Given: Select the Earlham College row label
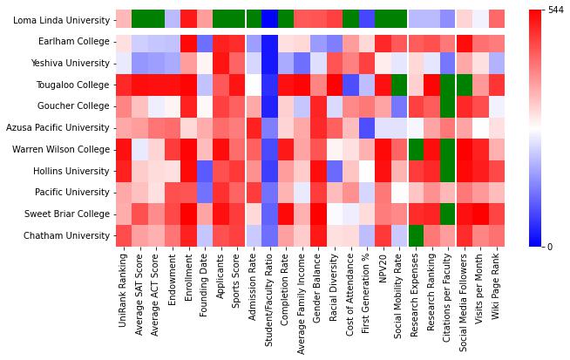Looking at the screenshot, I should pos(71,42).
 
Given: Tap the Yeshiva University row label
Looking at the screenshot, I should pos(68,64).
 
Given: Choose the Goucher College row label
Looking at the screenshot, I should pos(72,106).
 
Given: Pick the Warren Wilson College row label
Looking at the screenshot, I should pos(61,149).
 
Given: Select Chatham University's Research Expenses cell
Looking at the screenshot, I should pos(416,235).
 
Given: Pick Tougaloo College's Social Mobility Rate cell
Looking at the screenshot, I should pos(399,85).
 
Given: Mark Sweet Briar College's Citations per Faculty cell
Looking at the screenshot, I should pos(448,214).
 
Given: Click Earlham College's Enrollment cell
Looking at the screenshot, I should pos(188,42).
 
